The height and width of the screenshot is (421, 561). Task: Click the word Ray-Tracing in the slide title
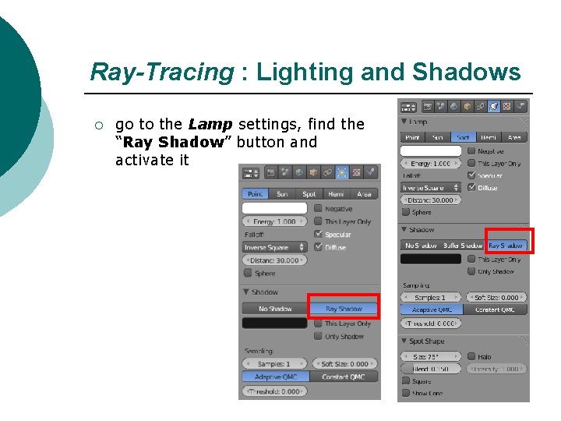click(x=161, y=73)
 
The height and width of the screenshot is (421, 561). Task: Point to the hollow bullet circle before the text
click(x=97, y=125)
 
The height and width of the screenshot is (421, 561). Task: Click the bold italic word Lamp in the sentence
click(x=210, y=124)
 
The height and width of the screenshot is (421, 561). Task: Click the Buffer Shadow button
click(x=463, y=246)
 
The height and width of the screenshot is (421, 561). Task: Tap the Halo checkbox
click(x=471, y=356)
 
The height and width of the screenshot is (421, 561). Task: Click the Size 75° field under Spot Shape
click(x=431, y=356)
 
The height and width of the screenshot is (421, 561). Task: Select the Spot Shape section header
click(x=426, y=341)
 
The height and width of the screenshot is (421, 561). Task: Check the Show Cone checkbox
click(x=406, y=393)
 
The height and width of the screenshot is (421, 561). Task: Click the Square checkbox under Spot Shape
click(x=406, y=381)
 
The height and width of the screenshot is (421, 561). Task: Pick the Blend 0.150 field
click(x=431, y=369)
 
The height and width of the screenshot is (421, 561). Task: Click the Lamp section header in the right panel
click(x=418, y=122)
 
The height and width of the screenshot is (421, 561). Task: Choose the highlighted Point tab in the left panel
click(x=254, y=193)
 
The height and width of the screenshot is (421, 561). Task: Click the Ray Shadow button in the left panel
click(x=344, y=309)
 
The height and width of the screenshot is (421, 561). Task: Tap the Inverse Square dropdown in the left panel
click(x=274, y=247)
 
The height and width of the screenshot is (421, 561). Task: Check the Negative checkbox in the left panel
click(x=318, y=209)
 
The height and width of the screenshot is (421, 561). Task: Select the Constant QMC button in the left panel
click(x=344, y=377)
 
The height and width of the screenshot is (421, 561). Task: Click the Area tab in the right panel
click(x=513, y=137)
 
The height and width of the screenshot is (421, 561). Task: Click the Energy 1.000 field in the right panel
click(x=431, y=164)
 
